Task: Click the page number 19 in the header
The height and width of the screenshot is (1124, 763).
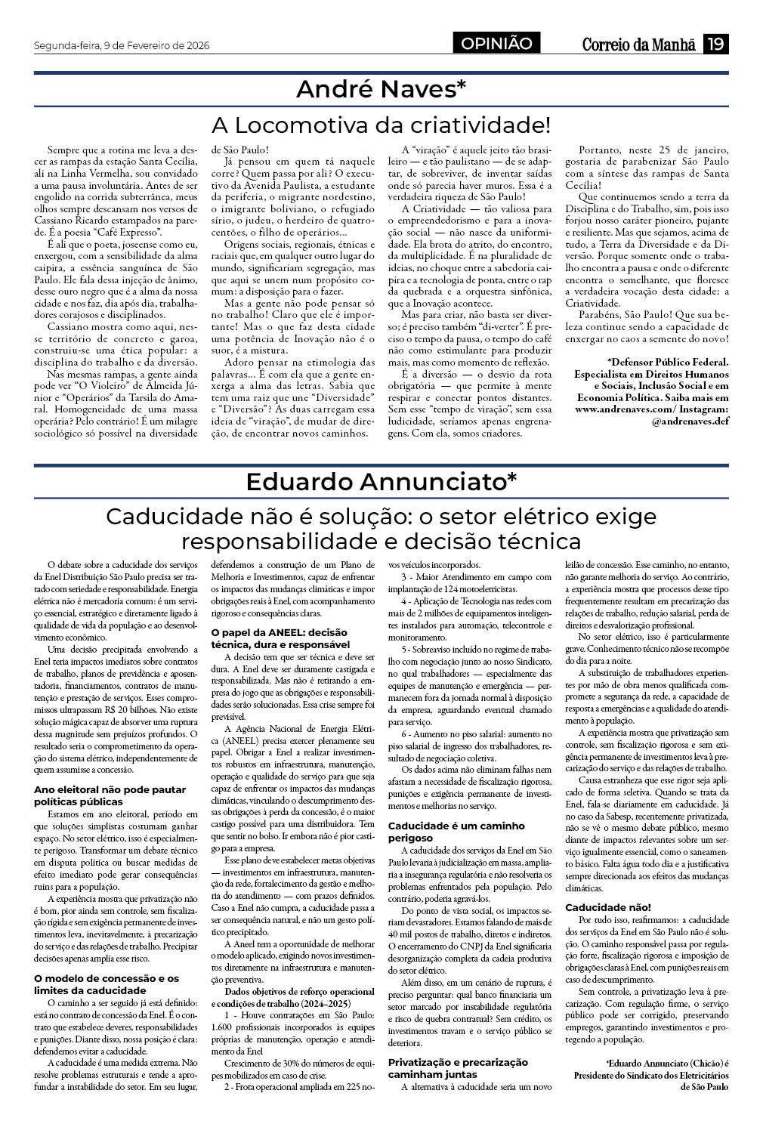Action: click(x=715, y=45)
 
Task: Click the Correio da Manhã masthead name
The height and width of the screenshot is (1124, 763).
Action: click(x=638, y=45)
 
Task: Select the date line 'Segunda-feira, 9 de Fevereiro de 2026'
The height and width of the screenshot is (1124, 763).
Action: click(x=122, y=45)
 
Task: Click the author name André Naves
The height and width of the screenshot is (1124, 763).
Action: click(x=381, y=90)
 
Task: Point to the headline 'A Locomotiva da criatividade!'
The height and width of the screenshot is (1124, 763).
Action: click(x=381, y=124)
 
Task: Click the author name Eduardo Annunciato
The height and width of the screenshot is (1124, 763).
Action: click(x=381, y=481)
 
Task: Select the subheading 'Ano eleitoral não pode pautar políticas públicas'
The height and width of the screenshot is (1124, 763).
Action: click(x=110, y=795)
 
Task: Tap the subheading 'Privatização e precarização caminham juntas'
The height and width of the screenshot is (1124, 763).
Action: click(x=458, y=1067)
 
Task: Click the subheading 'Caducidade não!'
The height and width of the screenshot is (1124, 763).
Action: click(x=607, y=907)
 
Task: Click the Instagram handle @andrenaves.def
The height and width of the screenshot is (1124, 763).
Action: click(x=690, y=421)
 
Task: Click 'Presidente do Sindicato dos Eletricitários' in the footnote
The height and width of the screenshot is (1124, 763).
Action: click(x=651, y=1075)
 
